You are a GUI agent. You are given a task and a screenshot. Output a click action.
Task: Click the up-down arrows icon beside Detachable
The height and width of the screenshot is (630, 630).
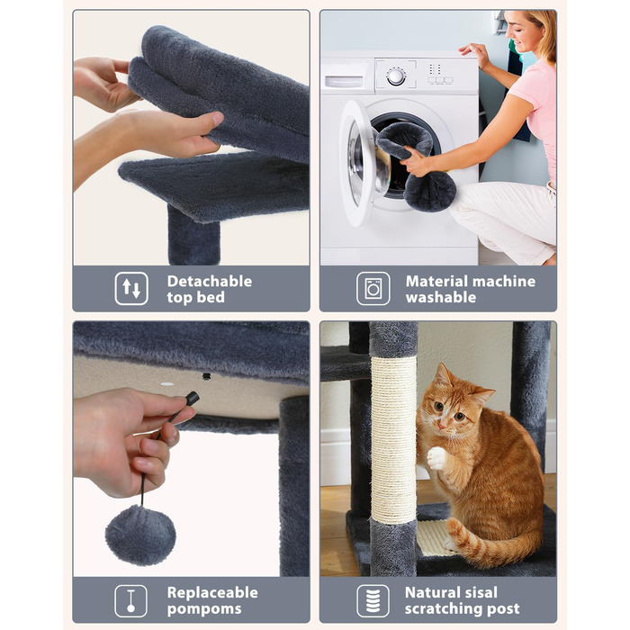tap(131, 289)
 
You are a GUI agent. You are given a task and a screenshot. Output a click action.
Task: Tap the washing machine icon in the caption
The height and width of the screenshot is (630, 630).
tap(373, 289)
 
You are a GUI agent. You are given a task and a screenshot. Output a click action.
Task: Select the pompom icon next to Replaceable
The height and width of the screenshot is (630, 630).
tap(131, 600)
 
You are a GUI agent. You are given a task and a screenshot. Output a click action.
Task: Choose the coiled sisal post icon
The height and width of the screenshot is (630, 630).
tap(373, 600)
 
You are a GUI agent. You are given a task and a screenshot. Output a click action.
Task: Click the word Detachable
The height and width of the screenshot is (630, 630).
tap(210, 281)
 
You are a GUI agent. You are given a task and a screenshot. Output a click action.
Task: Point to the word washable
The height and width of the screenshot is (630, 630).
tap(441, 297)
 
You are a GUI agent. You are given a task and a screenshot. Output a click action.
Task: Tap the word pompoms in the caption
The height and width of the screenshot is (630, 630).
tap(204, 609)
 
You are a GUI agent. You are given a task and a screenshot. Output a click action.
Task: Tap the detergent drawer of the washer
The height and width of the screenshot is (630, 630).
tap(344, 81)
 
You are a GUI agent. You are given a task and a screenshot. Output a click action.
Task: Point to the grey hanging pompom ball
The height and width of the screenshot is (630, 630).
tap(140, 535)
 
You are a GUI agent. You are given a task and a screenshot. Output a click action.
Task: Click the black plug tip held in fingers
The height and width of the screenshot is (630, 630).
tap(192, 398)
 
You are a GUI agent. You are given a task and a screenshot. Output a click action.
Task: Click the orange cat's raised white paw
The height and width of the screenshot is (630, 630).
tap(436, 458)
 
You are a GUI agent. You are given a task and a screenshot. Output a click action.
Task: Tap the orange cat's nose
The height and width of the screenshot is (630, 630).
tap(443, 424)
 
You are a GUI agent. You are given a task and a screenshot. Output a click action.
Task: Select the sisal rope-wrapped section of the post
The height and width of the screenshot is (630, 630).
tap(393, 439)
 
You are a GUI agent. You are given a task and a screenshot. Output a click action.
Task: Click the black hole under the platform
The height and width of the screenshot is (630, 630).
tap(206, 376)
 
